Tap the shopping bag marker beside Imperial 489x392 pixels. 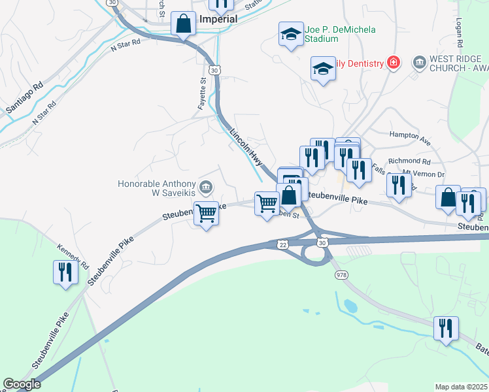click(184, 24)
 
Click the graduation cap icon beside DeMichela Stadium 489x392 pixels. click(290, 35)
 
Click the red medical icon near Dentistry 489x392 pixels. click(394, 63)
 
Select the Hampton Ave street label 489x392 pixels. click(410, 140)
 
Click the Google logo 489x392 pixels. click(22, 384)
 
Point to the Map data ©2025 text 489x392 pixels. click(461, 387)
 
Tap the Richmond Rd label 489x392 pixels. click(409, 161)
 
